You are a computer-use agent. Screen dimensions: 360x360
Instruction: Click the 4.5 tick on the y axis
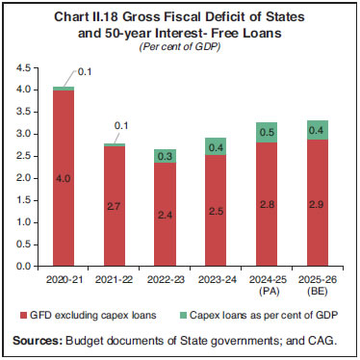26,68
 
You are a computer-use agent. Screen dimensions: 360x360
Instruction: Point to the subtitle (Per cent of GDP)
180,44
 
